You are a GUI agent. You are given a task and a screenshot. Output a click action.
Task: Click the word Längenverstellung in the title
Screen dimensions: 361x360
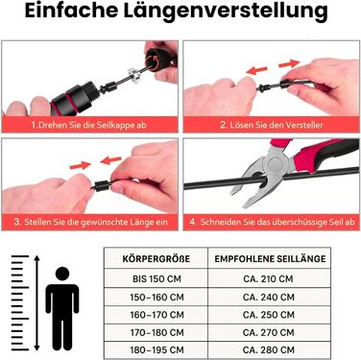click(x=226, y=12)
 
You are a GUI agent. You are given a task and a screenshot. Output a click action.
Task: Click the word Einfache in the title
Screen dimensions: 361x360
click(x=71, y=11)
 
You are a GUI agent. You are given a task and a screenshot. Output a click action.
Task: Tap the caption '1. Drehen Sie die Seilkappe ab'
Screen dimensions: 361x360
click(x=88, y=125)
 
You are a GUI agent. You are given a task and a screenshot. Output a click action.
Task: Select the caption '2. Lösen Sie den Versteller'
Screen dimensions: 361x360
click(x=272, y=125)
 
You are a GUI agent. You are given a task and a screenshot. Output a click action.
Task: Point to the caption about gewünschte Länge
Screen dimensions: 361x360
click(x=90, y=222)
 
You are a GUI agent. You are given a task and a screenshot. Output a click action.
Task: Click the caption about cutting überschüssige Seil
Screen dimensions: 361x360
click(x=272, y=222)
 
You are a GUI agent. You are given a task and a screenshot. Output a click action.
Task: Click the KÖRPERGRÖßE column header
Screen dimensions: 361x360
click(x=156, y=258)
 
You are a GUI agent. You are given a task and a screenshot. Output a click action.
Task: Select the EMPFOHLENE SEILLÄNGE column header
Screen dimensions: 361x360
click(x=270, y=258)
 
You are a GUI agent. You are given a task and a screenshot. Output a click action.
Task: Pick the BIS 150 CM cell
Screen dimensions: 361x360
click(x=156, y=278)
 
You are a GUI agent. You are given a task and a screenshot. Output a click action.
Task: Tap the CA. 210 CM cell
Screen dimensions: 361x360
click(x=268, y=278)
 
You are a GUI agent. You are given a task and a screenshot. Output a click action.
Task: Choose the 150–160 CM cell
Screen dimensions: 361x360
click(x=156, y=298)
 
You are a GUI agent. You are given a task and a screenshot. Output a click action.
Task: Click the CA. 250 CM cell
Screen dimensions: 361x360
click(x=269, y=315)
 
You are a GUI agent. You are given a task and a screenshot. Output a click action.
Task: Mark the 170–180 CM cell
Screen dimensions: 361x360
click(x=156, y=332)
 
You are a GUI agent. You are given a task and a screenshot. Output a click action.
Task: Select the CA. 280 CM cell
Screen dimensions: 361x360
click(x=269, y=350)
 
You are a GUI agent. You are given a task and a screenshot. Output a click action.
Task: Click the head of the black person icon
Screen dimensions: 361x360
click(x=62, y=275)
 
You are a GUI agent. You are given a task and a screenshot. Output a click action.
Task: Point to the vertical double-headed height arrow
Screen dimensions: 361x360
click(x=37, y=302)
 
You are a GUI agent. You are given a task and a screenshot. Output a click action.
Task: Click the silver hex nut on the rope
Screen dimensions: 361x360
click(x=133, y=74)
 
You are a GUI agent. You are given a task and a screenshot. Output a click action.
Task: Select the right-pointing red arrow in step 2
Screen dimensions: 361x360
click(x=289, y=63)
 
